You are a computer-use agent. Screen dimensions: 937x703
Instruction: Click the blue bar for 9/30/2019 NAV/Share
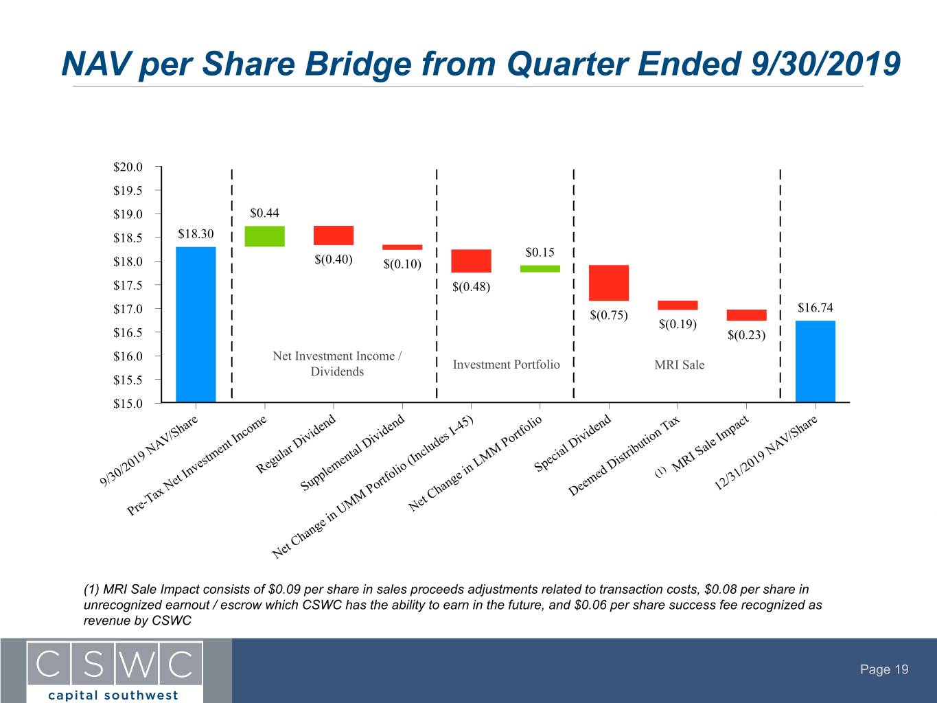pyautogui.click(x=196, y=325)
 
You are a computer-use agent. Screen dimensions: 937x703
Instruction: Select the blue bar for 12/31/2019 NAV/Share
pyautogui.click(x=815, y=361)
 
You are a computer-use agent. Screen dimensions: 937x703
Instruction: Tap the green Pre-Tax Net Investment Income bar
pyautogui.click(x=265, y=236)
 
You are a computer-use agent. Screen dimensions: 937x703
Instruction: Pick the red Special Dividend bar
pyautogui.click(x=609, y=283)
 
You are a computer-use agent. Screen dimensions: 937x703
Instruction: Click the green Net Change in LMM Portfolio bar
pyautogui.click(x=540, y=269)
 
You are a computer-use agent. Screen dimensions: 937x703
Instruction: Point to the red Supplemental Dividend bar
pyautogui.click(x=402, y=247)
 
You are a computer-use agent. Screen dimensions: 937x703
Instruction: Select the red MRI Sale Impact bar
pyautogui.click(x=747, y=315)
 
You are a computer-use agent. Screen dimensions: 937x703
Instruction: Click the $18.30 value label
pyautogui.click(x=196, y=234)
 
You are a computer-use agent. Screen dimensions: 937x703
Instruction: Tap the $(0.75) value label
pyautogui.click(x=609, y=315)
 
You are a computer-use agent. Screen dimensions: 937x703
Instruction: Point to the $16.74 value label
pyautogui.click(x=815, y=308)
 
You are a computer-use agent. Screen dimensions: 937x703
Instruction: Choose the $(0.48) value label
pyautogui.click(x=472, y=287)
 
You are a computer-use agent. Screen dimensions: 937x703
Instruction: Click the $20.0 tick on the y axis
pyautogui.click(x=128, y=167)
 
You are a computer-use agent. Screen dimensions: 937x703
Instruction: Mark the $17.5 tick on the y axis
pyautogui.click(x=128, y=285)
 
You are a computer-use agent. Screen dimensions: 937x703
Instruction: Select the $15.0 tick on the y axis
pyautogui.click(x=128, y=404)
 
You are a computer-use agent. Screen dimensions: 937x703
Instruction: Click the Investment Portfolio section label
pyautogui.click(x=506, y=365)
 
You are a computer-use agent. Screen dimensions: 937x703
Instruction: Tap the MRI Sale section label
pyautogui.click(x=679, y=365)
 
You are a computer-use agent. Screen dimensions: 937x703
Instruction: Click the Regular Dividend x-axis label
pyautogui.click(x=296, y=444)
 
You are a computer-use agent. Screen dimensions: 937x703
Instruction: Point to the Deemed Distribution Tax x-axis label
pyautogui.click(x=624, y=456)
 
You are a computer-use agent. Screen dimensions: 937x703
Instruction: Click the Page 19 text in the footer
pyautogui.click(x=884, y=669)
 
